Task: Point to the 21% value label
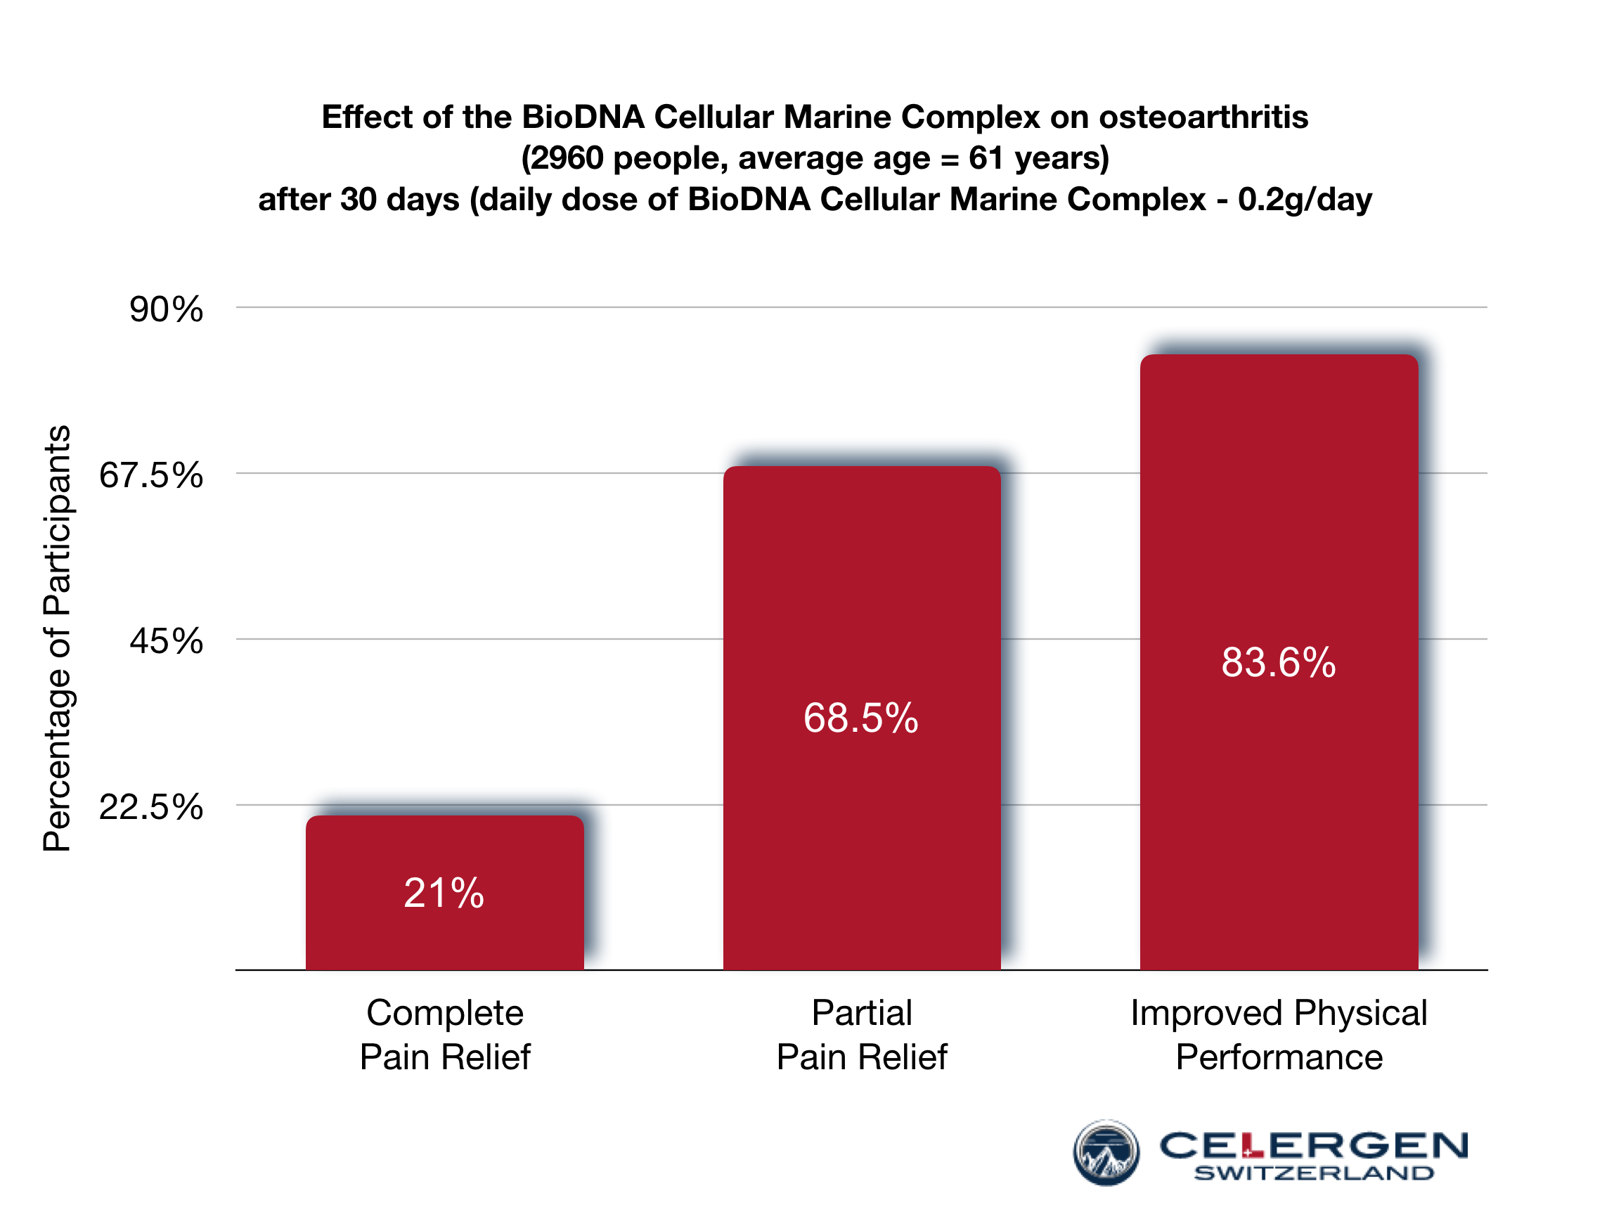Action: click(444, 893)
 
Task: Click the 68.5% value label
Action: click(861, 718)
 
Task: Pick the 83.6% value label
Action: click(1279, 662)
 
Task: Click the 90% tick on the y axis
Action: click(167, 309)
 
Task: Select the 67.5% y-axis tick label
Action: click(151, 476)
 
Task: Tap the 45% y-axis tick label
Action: click(167, 641)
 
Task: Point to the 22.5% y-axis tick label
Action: click(151, 808)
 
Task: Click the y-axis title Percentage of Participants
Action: click(57, 638)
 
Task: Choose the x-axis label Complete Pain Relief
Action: click(445, 1035)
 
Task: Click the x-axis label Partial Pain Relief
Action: click(862, 1035)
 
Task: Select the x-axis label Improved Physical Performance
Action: click(1279, 1035)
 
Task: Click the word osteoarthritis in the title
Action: click(1203, 117)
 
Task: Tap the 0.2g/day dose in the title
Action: click(1305, 200)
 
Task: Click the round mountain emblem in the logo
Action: click(1106, 1152)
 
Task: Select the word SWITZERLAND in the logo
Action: click(1313, 1173)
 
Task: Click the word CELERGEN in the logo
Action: click(1313, 1145)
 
